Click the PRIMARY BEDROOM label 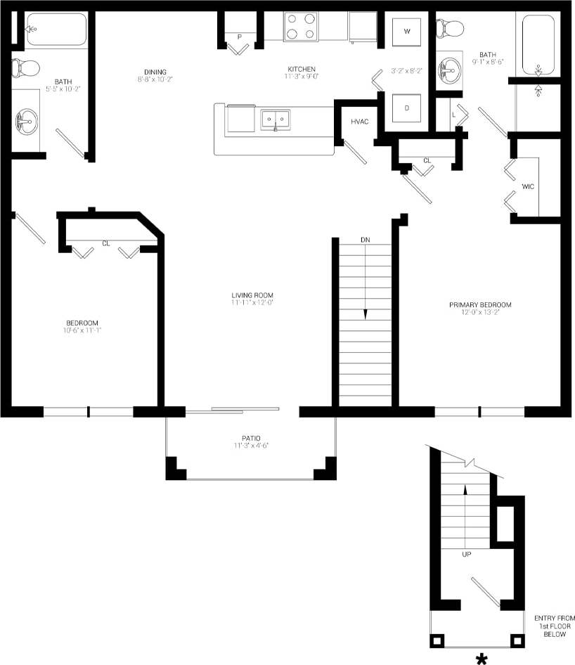tap(480, 305)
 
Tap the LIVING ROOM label tap(252, 295)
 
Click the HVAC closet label tap(360, 122)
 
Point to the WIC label tap(529, 187)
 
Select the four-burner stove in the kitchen tap(301, 26)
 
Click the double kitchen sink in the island tap(276, 120)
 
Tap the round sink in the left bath tap(27, 121)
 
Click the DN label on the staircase tap(365, 240)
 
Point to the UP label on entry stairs tap(465, 554)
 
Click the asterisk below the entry tap(482, 658)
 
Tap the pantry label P tap(239, 37)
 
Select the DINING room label tap(155, 72)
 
